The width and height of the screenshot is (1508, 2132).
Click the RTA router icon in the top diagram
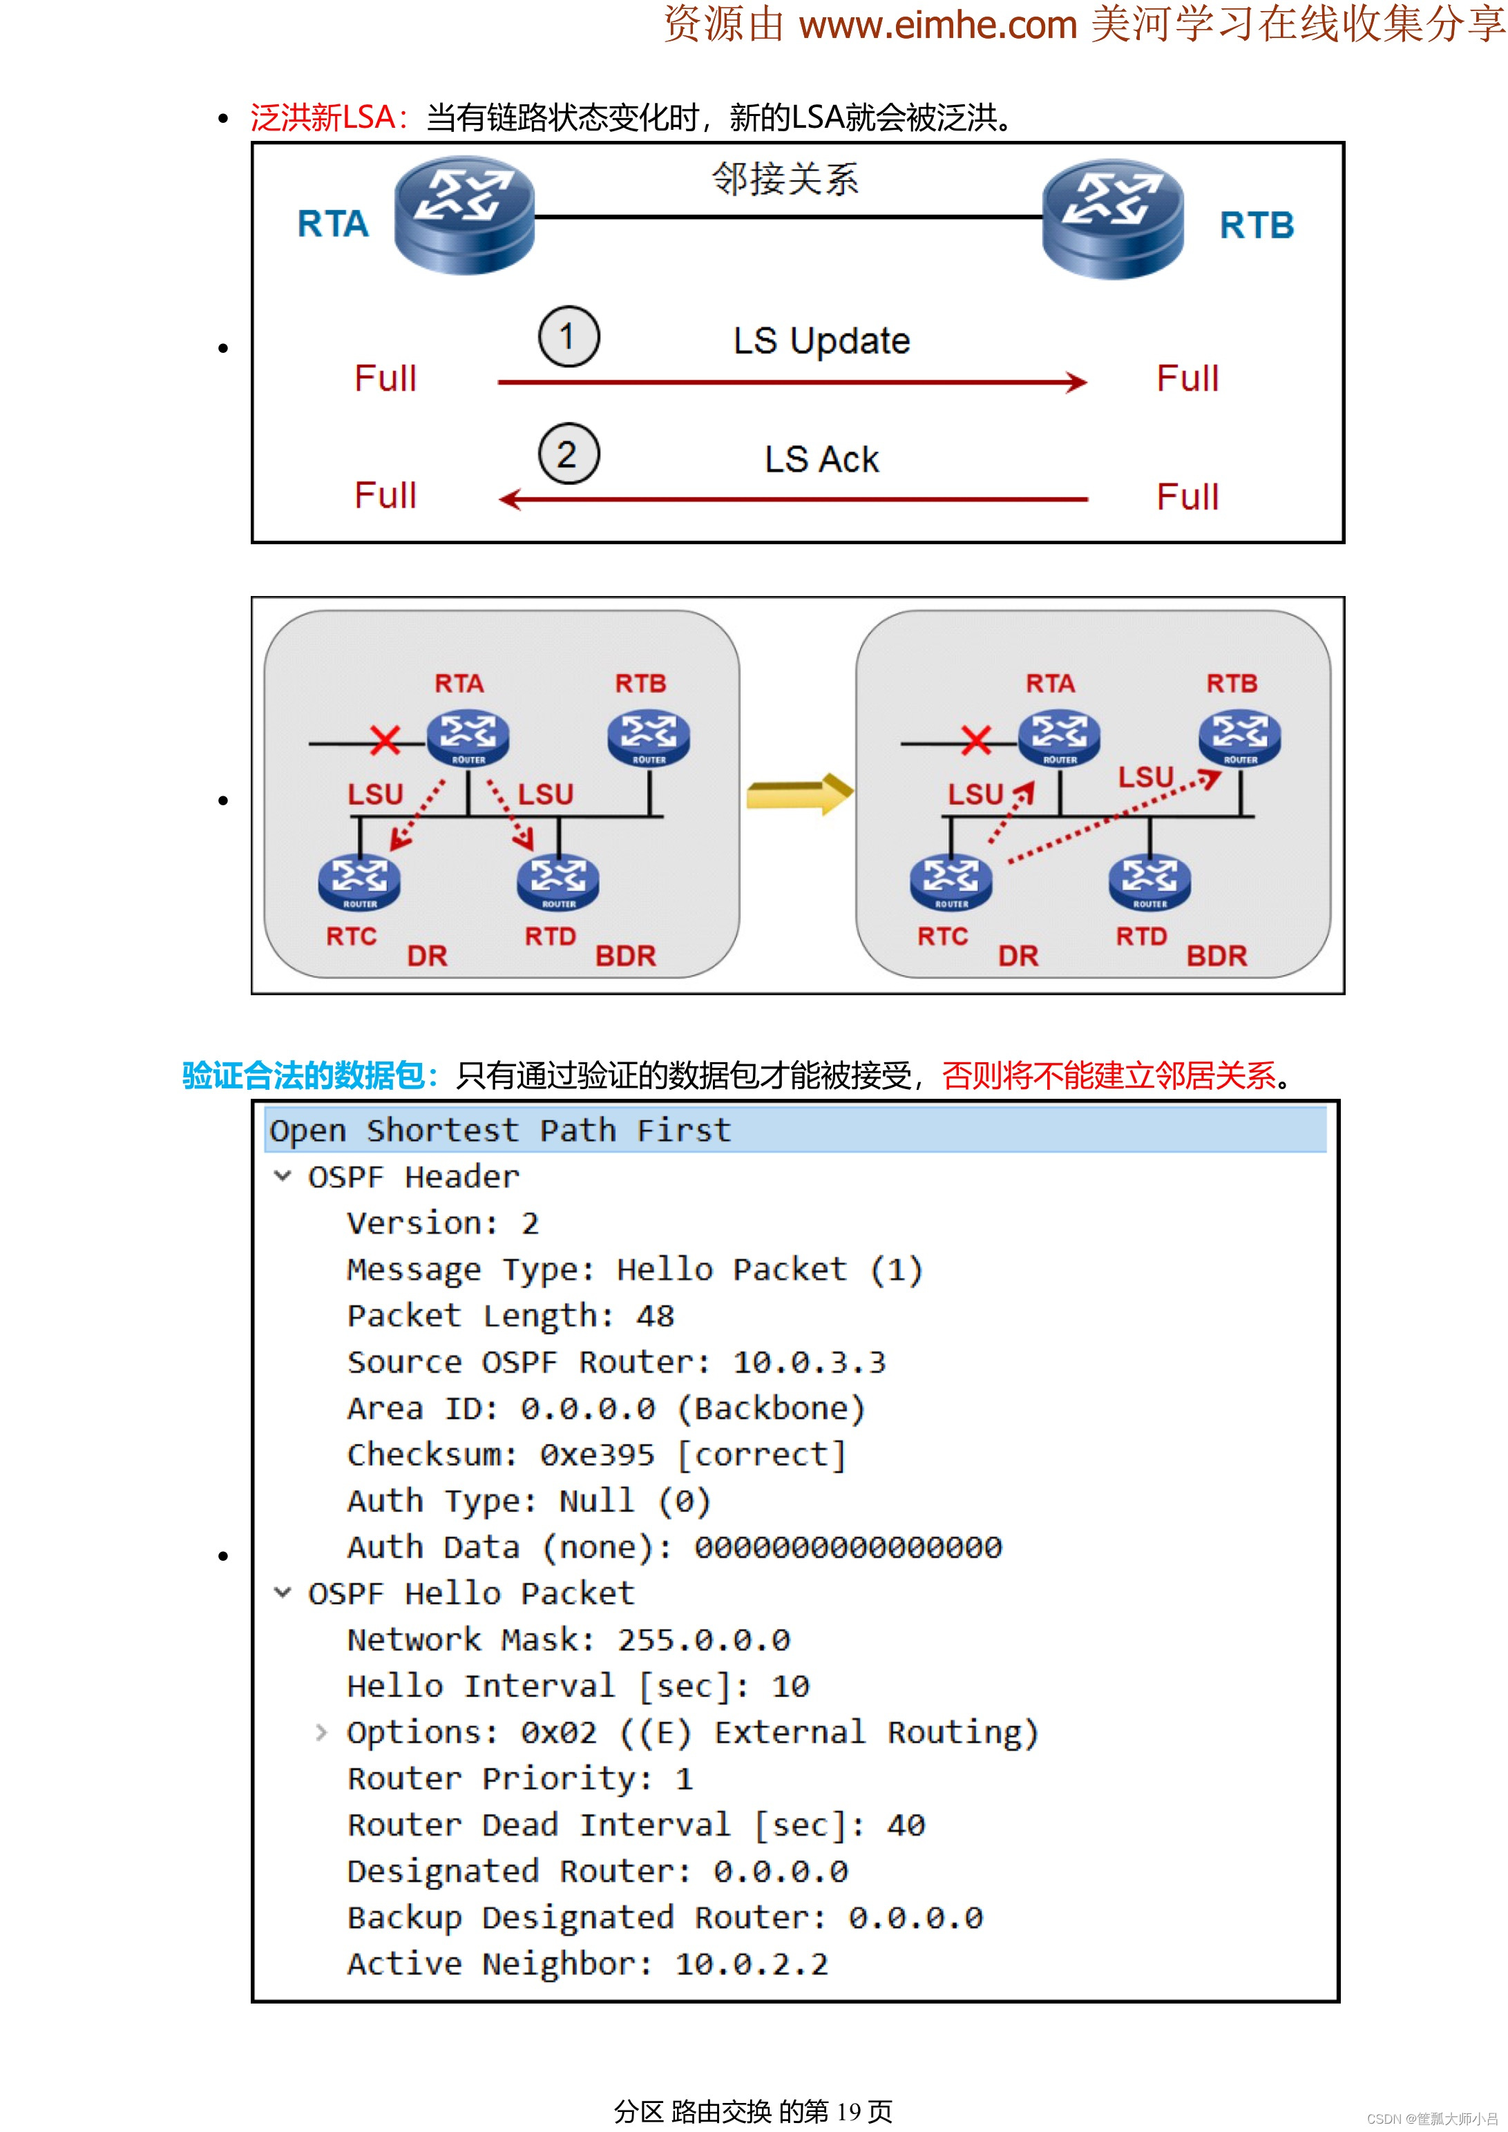[464, 215]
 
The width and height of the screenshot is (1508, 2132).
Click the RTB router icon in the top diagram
[1111, 218]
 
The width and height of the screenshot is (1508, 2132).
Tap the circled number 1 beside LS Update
[569, 336]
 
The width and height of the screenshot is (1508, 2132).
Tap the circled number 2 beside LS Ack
[569, 454]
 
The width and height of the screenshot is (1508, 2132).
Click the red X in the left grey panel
[385, 740]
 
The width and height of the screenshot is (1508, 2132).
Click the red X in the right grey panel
[976, 740]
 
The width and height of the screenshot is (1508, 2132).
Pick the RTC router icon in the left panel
[359, 881]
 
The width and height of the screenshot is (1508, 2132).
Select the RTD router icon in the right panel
[1149, 881]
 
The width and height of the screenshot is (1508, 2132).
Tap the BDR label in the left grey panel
[625, 956]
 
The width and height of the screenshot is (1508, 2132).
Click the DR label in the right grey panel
[1018, 956]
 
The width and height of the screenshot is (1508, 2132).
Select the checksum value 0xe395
[597, 1455]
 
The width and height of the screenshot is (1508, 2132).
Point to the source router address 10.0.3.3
[809, 1362]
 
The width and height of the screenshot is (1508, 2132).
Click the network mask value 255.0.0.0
[704, 1640]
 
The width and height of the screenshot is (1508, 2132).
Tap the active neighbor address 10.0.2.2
[751, 1964]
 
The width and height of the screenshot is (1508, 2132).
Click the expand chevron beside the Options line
[321, 1732]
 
